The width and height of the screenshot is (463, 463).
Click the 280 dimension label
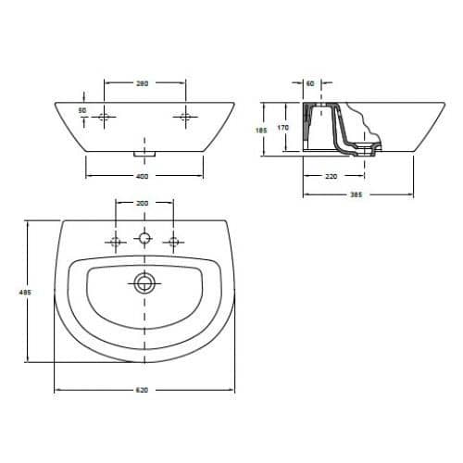click(143, 83)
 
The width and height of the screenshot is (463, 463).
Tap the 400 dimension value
click(142, 176)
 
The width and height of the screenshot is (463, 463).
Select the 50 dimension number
click(82, 110)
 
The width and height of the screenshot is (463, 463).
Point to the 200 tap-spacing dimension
click(142, 203)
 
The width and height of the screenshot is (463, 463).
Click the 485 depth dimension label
click(25, 292)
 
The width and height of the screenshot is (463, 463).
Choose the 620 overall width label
click(142, 390)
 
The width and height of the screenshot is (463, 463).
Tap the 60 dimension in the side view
click(310, 83)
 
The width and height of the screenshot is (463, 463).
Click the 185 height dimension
click(261, 131)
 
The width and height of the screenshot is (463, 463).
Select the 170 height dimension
click(283, 127)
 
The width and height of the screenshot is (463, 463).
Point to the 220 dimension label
click(332, 176)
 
